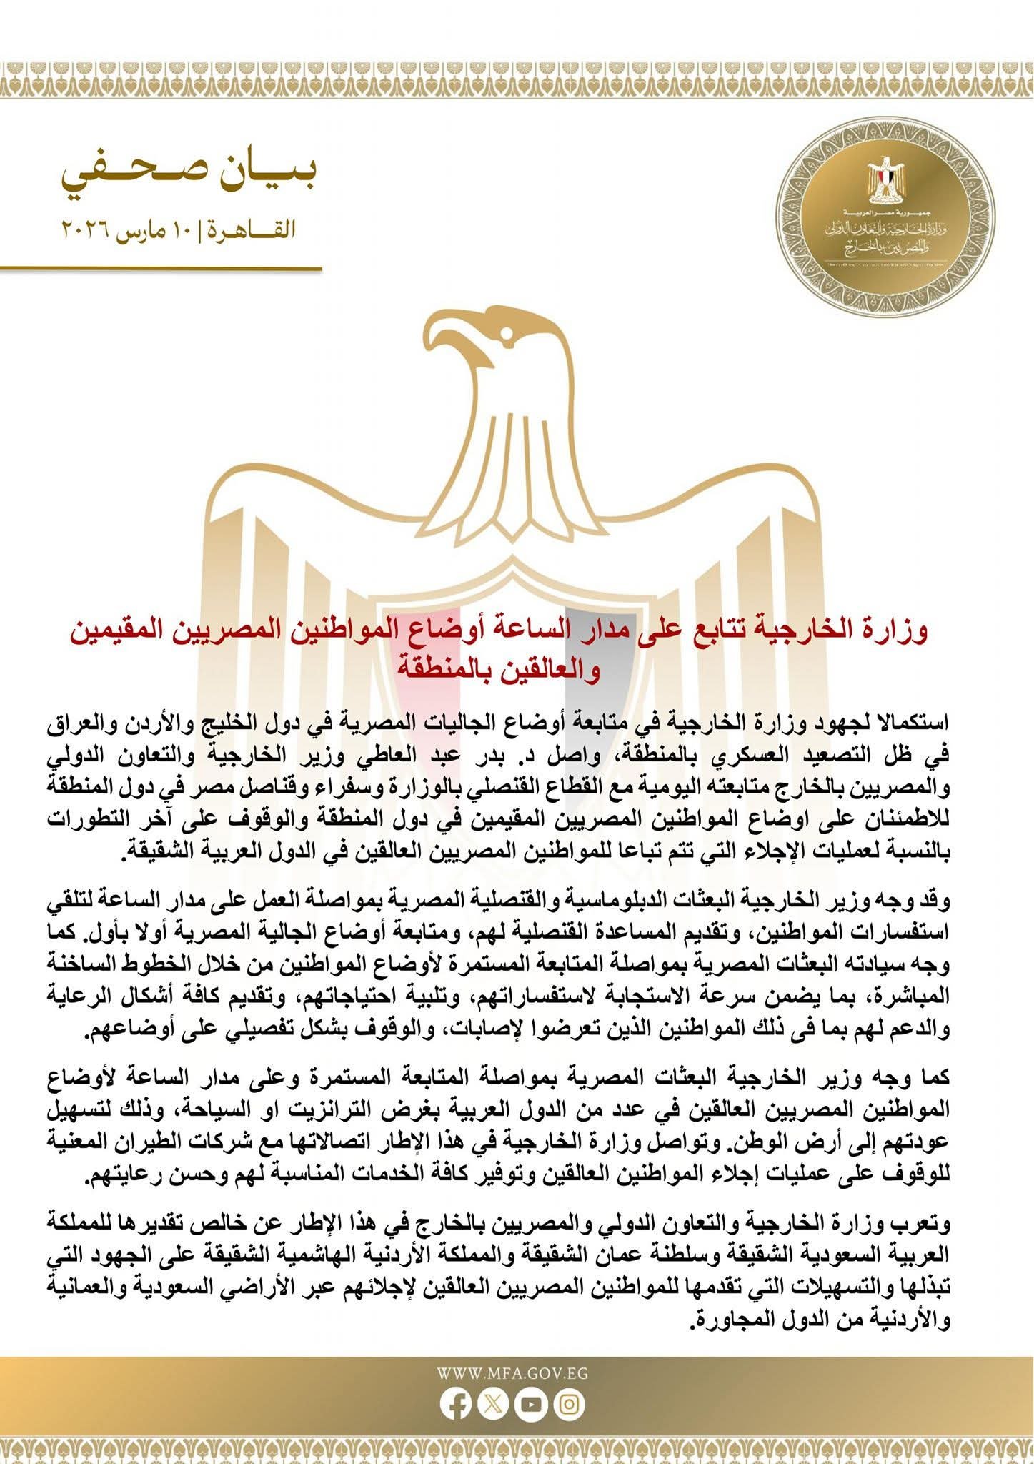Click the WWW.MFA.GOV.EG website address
512,1372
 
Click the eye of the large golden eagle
508,334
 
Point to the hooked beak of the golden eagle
437,343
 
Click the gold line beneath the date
161,268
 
